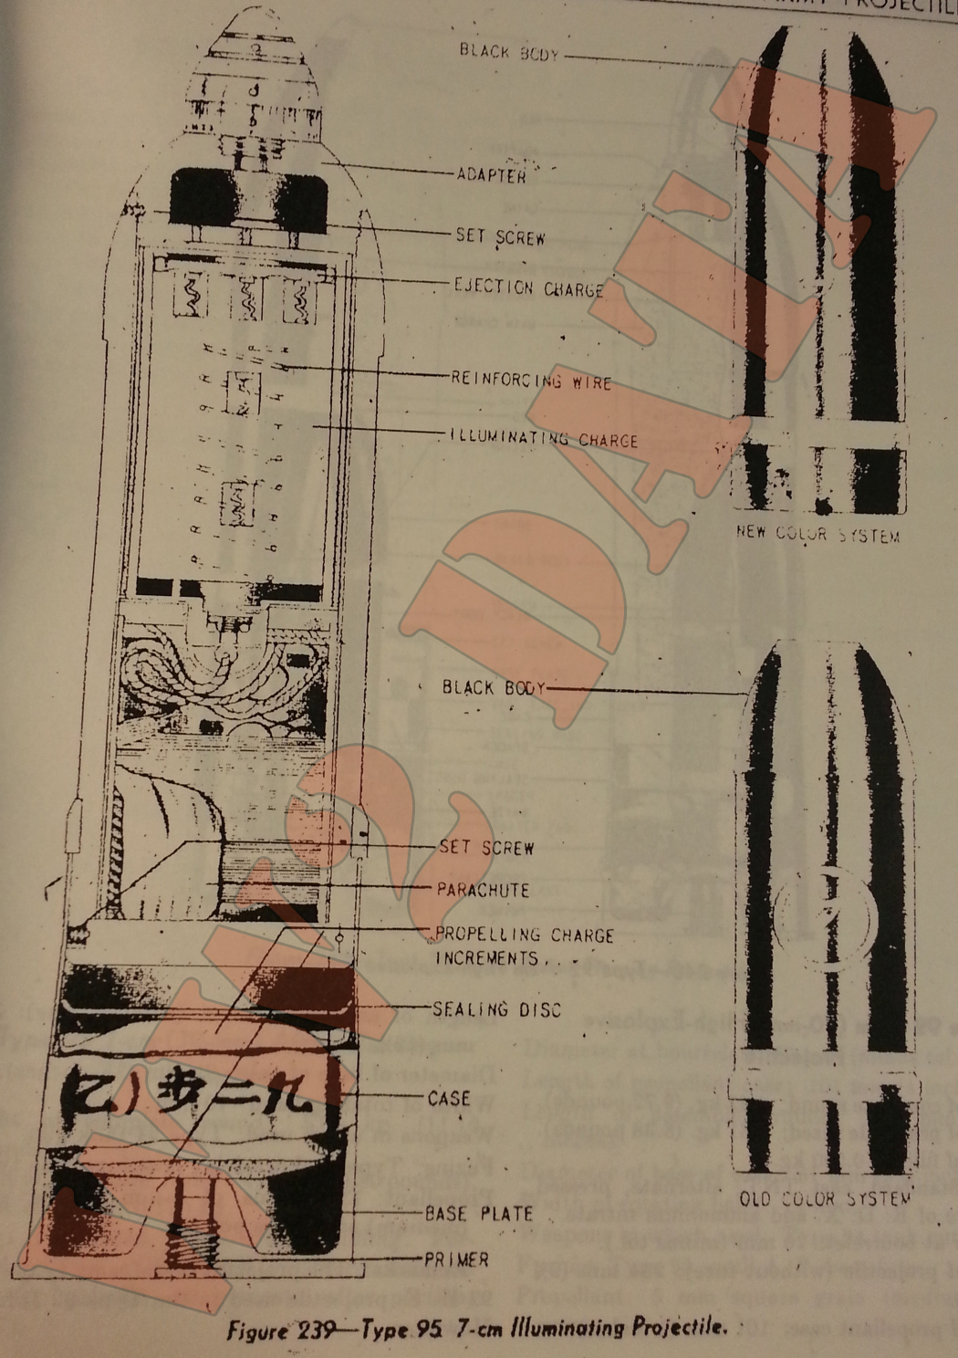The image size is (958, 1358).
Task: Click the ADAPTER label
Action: pos(491,174)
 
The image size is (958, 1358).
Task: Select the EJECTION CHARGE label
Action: pos(529,288)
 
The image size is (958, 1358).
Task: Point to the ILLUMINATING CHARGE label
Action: pos(544,438)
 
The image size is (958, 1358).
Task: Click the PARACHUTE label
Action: pos(483,889)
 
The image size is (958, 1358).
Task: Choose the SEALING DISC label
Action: pos(496,1009)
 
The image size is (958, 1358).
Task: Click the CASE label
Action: pos(449,1099)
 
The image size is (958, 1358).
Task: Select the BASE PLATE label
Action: pos(479,1214)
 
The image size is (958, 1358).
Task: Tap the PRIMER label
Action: pos(457,1260)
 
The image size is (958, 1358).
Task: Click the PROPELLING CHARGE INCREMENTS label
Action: pos(524,946)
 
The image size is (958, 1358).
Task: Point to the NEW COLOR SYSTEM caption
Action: pos(817,534)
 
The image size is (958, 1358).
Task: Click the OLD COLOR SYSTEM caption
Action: pos(825,1198)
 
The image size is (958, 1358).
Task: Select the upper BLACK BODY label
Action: pos(508,52)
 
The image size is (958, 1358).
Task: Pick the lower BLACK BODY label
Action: pos(493,687)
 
